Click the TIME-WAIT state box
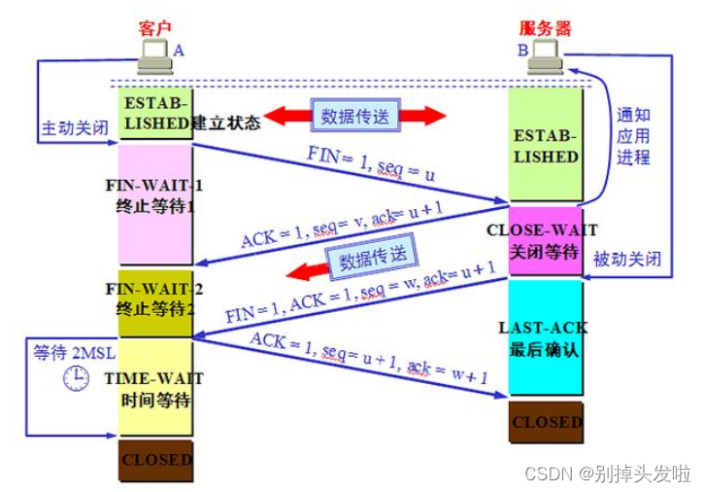tap(155, 387)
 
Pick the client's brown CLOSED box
tap(155, 460)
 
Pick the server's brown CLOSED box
tap(547, 423)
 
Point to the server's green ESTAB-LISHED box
tap(547, 146)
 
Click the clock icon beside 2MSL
tap(76, 378)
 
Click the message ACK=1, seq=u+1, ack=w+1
tap(368, 359)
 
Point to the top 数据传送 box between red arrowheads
tap(353, 116)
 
